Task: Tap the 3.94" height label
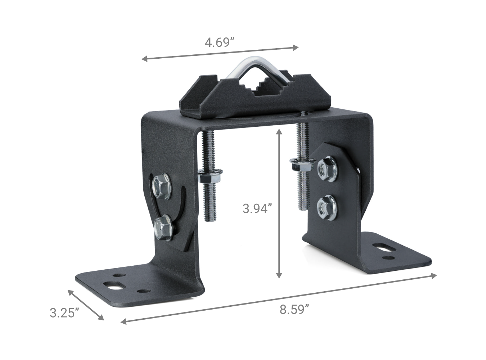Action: coord(257,208)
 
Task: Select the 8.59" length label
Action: coord(294,309)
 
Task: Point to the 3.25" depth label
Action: coord(64,312)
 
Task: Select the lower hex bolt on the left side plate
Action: coord(163,226)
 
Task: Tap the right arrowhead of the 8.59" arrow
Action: coord(433,276)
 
